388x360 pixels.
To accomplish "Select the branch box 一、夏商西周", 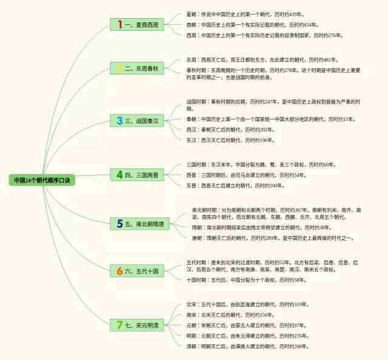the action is (137, 25).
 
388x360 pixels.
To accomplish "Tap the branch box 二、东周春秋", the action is (137, 68).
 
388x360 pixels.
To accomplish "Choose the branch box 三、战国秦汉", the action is (137, 121).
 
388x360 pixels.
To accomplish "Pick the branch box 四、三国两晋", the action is (137, 175).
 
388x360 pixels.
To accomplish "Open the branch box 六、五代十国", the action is (137, 272).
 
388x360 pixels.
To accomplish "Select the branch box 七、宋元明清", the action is (137, 325).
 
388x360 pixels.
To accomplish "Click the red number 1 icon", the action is (120, 25).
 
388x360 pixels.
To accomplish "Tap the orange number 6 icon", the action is (120, 272).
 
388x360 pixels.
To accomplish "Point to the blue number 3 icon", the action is (120, 121).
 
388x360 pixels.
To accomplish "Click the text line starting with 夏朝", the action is (241, 14).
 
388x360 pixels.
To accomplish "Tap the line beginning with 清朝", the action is (248, 347).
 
